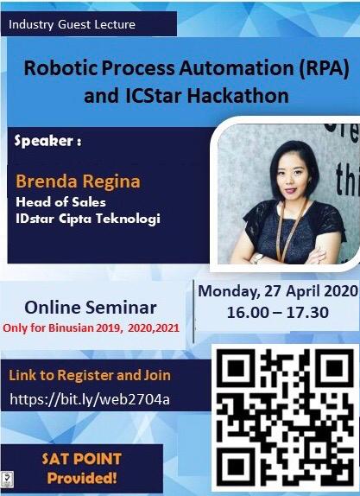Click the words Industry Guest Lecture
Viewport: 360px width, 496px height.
click(72, 25)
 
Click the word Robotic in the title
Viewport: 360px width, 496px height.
click(61, 67)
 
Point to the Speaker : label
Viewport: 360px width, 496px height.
click(47, 141)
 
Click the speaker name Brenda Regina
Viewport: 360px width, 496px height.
click(78, 181)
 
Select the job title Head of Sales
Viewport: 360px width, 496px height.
click(60, 202)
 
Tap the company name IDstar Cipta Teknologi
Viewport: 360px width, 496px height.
click(88, 219)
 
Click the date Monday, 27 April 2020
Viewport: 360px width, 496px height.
click(277, 291)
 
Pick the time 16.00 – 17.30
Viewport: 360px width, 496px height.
click(278, 312)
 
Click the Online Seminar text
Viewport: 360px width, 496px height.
click(91, 308)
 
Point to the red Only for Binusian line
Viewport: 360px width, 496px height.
click(91, 327)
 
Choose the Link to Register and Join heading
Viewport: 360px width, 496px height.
click(90, 375)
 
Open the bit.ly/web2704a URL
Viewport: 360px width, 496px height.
click(90, 399)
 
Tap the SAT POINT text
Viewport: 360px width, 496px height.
click(81, 459)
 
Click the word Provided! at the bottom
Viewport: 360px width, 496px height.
click(82, 478)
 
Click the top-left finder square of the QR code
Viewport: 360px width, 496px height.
click(237, 367)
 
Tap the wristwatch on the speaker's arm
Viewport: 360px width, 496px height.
click(258, 258)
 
